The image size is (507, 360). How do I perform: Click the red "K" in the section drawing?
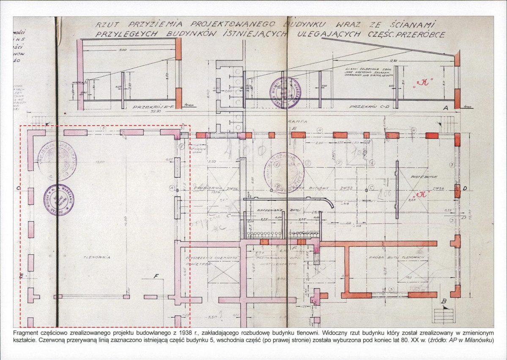(x=422, y=82)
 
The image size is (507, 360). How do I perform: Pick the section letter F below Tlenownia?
(x=156, y=277)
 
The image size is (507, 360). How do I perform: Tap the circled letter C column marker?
(x=370, y=187)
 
